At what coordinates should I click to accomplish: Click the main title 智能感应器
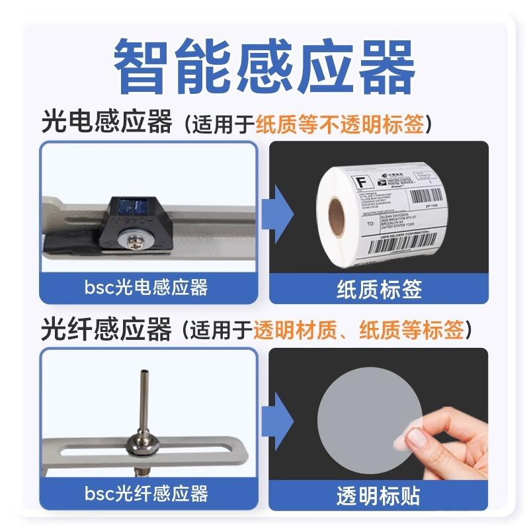(264, 66)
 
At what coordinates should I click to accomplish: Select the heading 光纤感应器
(106, 329)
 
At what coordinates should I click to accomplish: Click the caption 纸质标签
(378, 289)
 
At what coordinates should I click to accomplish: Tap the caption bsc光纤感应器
(147, 493)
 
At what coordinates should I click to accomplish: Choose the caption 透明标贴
(378, 495)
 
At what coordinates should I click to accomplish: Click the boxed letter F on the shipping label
(362, 181)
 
